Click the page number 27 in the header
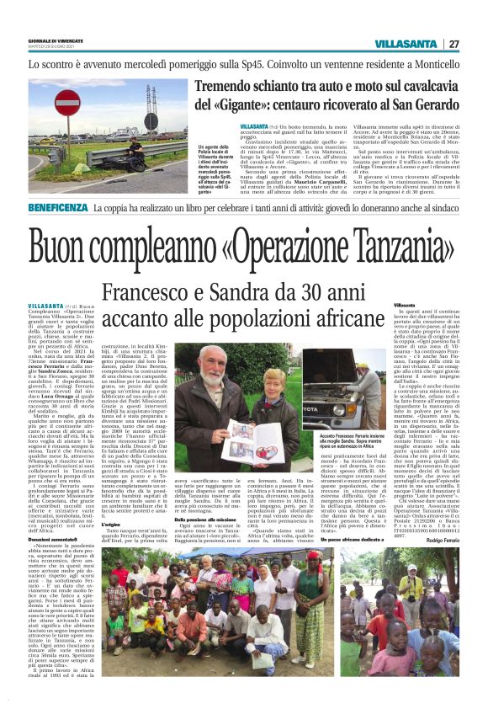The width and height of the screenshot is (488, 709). point(454,44)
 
